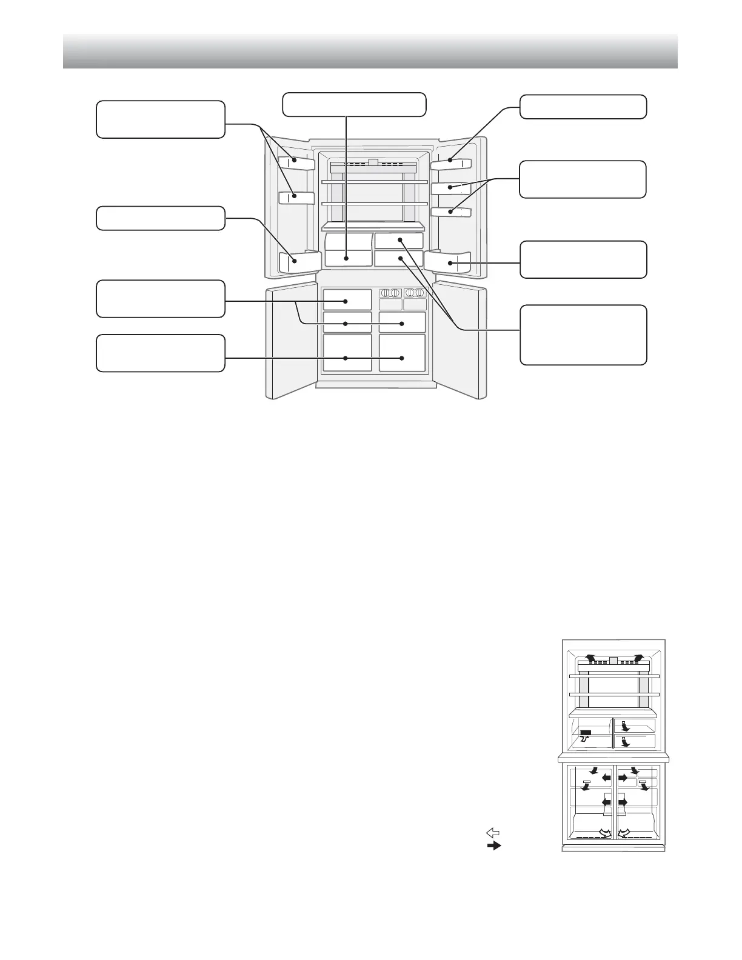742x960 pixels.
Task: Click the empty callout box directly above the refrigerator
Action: [355, 104]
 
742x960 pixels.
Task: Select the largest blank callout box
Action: [583, 335]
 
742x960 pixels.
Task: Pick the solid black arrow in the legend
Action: [494, 845]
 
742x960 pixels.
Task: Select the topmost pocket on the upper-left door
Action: [296, 162]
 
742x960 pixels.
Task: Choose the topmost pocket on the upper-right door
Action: [451, 162]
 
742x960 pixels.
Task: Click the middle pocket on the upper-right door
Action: [451, 187]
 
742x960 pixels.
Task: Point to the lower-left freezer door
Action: [291, 339]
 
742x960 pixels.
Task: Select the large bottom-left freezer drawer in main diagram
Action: [347, 352]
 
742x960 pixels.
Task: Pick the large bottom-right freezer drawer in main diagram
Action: [403, 352]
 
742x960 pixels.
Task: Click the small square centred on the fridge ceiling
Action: [373, 162]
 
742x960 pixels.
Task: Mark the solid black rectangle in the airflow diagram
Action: [586, 733]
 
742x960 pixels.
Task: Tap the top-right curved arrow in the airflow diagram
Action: [637, 659]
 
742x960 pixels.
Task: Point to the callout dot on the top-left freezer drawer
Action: [345, 301]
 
